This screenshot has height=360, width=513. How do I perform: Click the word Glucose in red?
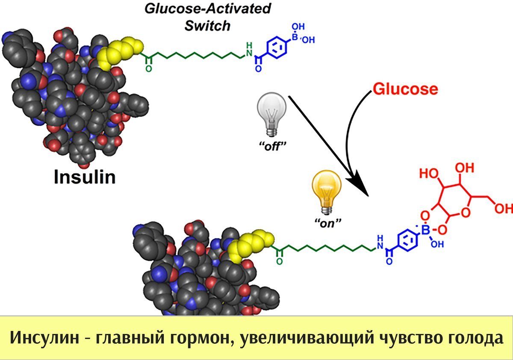tap(405, 89)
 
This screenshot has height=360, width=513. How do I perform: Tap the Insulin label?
tap(85, 176)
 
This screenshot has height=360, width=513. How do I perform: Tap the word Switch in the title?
tap(207, 26)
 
